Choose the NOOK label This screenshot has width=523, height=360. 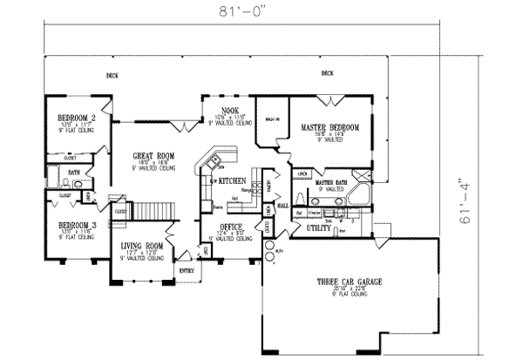pyautogui.click(x=229, y=110)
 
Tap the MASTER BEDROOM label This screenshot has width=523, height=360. pyautogui.click(x=330, y=127)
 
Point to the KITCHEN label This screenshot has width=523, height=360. pyautogui.click(x=231, y=180)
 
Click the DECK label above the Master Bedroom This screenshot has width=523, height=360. pyautogui.click(x=329, y=73)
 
